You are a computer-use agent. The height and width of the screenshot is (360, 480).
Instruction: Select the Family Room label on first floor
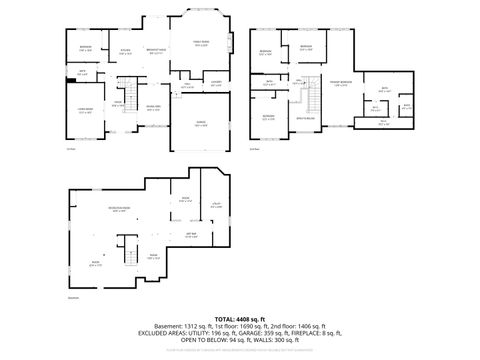201,43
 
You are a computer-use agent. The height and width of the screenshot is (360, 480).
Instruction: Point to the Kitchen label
126,50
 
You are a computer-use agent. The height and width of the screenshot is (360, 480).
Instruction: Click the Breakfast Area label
156,50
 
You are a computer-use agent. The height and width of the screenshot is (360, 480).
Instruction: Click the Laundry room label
215,85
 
